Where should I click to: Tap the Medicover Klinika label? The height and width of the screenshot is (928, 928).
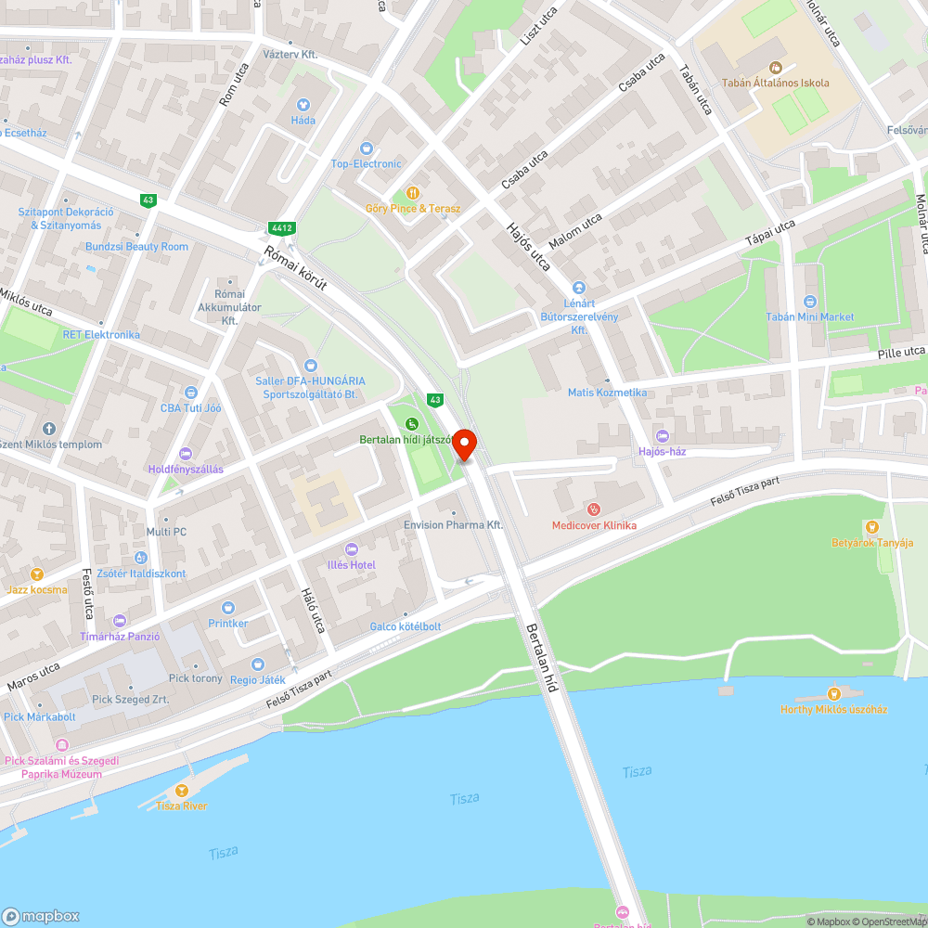594,525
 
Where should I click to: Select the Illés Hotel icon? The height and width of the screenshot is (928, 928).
351,549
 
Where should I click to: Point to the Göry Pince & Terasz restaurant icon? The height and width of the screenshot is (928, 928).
412,193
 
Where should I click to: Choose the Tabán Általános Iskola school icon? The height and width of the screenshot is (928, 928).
776,67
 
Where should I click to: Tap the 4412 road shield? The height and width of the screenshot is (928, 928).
281,227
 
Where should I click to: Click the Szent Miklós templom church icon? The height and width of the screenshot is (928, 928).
49,429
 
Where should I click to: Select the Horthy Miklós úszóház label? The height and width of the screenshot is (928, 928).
833,709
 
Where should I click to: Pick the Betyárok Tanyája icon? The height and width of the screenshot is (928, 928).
871,527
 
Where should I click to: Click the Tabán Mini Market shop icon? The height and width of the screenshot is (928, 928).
809,302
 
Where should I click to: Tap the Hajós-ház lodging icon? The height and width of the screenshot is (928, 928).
661,436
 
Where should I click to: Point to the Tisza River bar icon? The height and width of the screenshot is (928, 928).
182,790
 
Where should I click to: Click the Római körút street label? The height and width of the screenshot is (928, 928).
296,269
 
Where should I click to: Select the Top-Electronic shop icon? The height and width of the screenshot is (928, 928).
367,148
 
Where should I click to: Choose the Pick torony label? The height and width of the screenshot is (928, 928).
196,678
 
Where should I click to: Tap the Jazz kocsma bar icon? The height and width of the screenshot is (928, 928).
36,574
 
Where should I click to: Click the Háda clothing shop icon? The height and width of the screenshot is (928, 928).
303,105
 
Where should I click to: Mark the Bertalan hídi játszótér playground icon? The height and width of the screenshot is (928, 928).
411,424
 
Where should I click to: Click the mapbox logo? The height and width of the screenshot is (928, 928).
42,915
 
